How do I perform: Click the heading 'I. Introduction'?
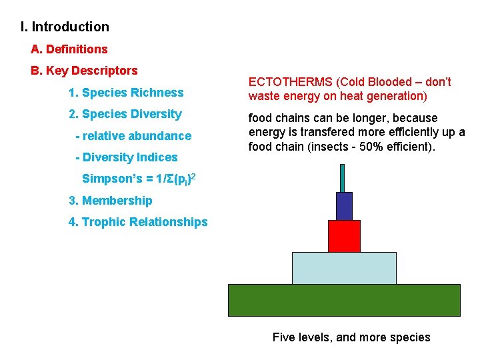(65, 27)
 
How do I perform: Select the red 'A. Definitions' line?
(69, 49)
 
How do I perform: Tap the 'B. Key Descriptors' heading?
(84, 71)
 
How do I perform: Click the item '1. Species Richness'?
(126, 93)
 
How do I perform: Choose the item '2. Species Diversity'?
(125, 114)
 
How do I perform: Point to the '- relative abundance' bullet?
(133, 136)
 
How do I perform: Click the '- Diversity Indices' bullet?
(127, 157)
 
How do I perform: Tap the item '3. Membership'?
(111, 201)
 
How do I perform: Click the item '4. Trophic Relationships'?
(138, 222)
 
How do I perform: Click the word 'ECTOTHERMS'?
(291, 82)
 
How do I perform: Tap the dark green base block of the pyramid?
(344, 300)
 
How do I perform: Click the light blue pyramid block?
(344, 268)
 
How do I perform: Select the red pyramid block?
(344, 236)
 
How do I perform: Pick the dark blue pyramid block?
(344, 206)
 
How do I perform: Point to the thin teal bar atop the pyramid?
(343, 178)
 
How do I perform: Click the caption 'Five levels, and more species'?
(351, 337)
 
